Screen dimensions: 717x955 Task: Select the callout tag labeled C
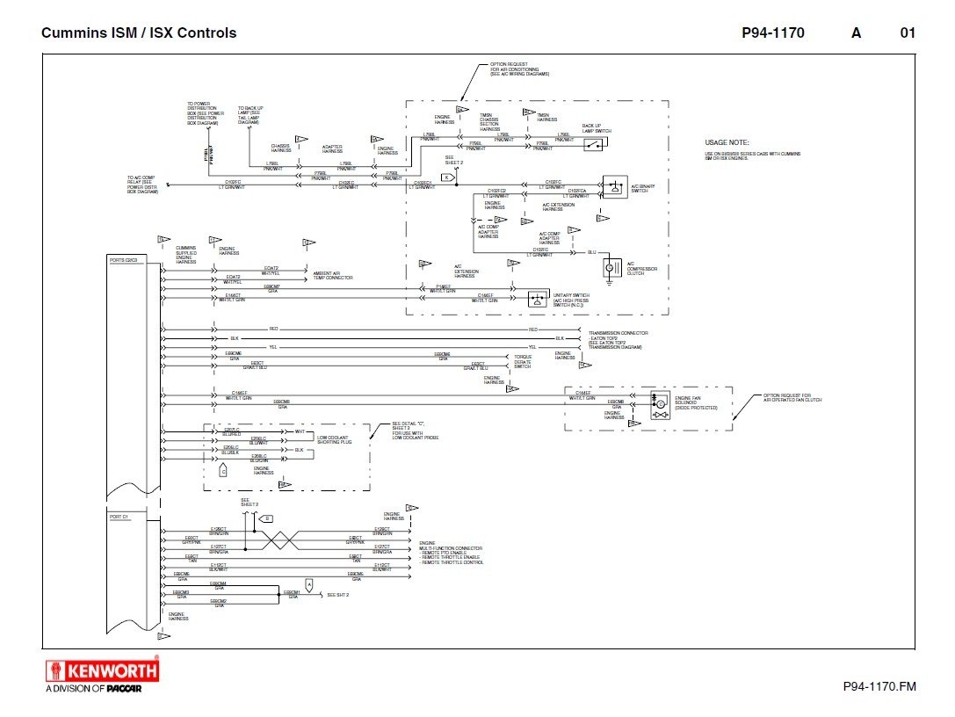(223, 471)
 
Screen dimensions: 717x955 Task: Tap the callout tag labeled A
(308, 583)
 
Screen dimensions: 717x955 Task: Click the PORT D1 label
(119, 517)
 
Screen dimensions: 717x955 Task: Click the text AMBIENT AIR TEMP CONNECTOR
(333, 275)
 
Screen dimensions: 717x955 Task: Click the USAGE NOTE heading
(727, 142)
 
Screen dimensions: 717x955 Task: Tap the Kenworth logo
(102, 671)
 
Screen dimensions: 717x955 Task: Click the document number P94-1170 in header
(772, 33)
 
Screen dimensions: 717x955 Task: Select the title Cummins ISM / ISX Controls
(139, 33)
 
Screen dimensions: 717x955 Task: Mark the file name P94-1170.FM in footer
(879, 685)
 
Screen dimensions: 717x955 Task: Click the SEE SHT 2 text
(338, 595)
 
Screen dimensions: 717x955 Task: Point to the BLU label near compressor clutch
(592, 253)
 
